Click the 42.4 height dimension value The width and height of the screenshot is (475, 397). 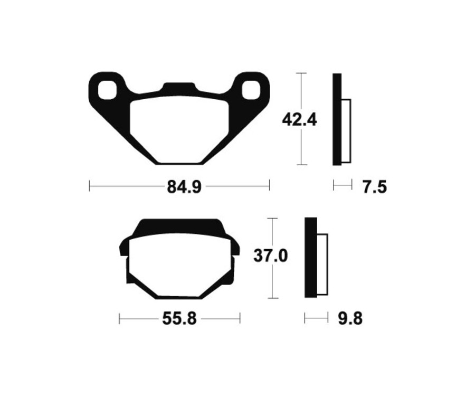click(x=299, y=120)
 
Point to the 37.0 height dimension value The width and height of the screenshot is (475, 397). click(x=270, y=257)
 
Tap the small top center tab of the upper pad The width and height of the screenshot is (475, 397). click(x=179, y=87)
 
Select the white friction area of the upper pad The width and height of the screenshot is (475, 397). click(x=179, y=127)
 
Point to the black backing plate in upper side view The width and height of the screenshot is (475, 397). click(x=337, y=119)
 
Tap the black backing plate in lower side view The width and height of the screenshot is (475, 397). click(x=310, y=258)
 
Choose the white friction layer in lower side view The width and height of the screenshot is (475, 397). click(x=322, y=264)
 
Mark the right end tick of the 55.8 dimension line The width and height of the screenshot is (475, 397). click(x=240, y=318)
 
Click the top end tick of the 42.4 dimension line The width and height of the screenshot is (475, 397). click(x=301, y=73)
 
